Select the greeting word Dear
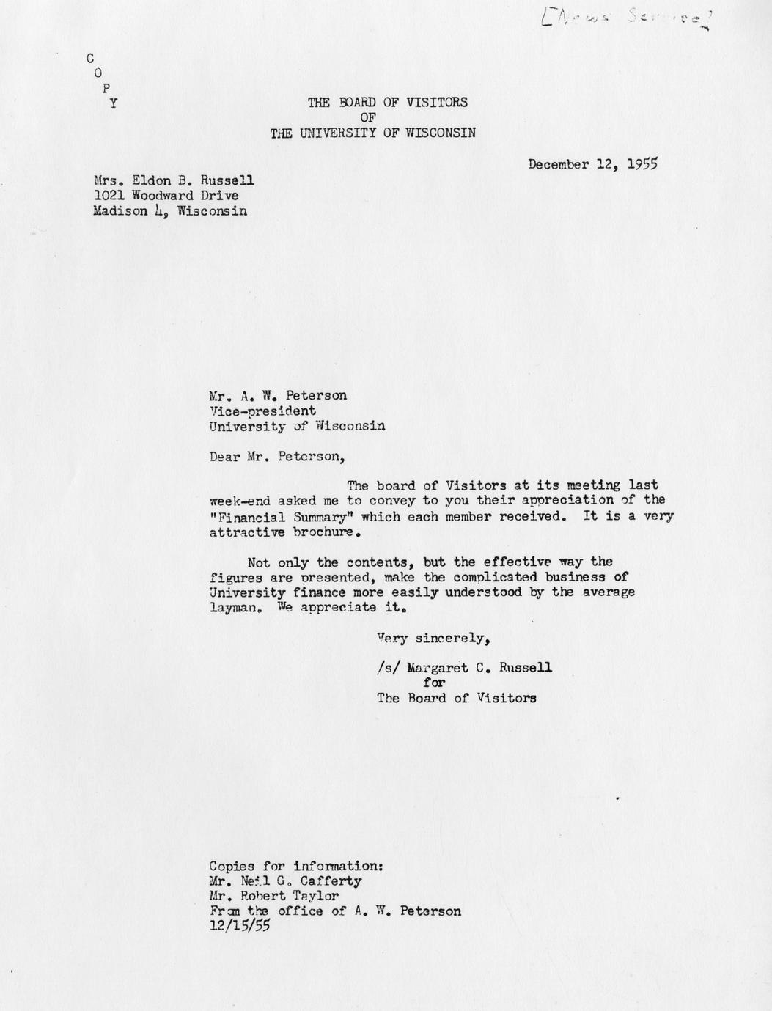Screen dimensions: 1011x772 pos(224,457)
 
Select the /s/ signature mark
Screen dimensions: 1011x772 pos(386,668)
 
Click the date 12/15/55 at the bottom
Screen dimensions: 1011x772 pos(240,926)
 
